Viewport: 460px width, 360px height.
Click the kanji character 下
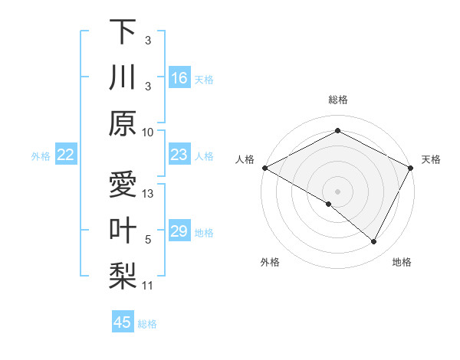123,31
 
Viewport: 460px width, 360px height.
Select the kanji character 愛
123,185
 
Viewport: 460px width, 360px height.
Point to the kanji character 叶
123,231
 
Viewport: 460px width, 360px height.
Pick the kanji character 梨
123,277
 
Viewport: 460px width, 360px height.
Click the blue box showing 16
179,78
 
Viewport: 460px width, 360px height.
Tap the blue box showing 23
179,155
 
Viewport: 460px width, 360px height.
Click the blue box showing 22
66,155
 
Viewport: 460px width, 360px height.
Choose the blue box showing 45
123,322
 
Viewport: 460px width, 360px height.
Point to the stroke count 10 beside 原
149,132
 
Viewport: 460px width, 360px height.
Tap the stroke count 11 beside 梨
149,286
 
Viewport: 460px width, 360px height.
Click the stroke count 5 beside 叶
149,239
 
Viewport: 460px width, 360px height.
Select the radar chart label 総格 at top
337,100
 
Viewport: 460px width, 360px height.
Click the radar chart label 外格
270,262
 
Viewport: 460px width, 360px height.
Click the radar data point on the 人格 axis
264,168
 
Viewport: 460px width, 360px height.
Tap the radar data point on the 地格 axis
374,242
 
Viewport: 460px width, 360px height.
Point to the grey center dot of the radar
337,191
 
